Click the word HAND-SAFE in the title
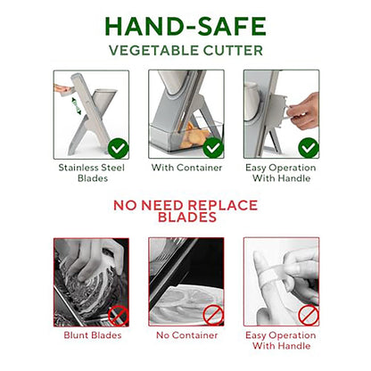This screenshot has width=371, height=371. [185, 27]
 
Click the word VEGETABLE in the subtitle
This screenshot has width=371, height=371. [150, 51]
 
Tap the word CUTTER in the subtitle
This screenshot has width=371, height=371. [229, 51]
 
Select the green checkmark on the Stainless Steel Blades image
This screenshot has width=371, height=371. [119, 148]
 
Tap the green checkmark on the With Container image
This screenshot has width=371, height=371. [213, 148]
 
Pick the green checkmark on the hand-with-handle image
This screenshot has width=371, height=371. [309, 148]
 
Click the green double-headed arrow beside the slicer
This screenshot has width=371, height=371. [77, 106]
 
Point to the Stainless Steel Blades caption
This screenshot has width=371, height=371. [92, 173]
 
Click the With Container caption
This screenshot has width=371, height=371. [186, 168]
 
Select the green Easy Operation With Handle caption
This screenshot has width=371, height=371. [281, 173]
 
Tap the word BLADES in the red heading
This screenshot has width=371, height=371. [187, 218]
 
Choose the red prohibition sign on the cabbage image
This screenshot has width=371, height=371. [119, 316]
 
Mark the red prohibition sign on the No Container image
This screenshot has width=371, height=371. [213, 316]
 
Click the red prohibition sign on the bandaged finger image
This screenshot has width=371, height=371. [309, 315]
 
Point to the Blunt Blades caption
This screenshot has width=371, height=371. [93, 335]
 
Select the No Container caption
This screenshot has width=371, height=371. [187, 335]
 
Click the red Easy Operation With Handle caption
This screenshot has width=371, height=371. [281, 341]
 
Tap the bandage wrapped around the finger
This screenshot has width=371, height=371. [272, 279]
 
